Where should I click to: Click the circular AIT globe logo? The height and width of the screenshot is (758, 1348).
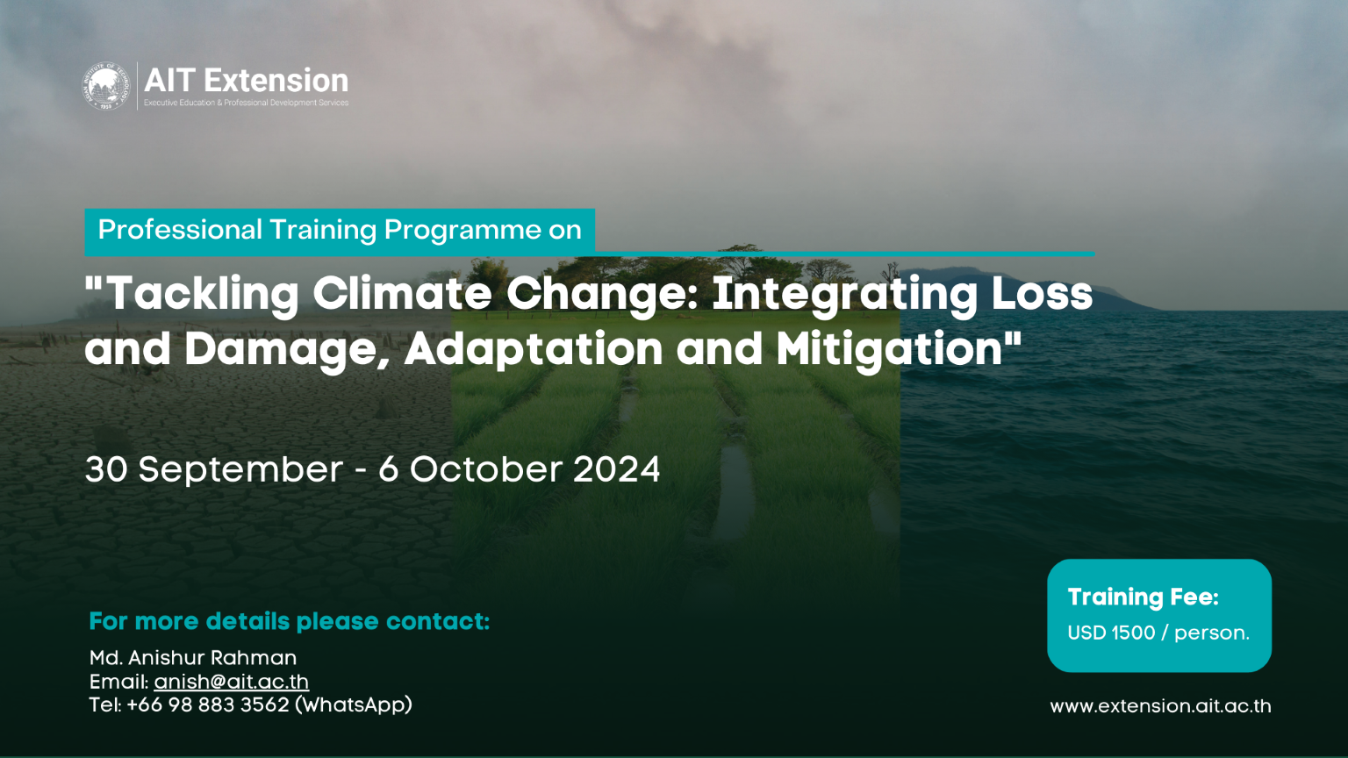tap(106, 86)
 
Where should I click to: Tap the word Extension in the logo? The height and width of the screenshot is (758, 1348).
tap(276, 81)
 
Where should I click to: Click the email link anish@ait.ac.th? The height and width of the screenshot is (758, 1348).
tap(231, 682)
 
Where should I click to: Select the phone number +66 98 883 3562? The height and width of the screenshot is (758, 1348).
tap(208, 704)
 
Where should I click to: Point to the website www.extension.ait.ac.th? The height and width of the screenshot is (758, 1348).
tap(1160, 706)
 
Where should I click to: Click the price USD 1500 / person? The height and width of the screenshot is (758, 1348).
tap(1158, 633)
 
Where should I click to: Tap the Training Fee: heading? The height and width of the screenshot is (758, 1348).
tap(1143, 597)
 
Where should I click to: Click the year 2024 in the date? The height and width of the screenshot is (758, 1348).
tap(616, 469)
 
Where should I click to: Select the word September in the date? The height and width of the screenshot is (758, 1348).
tap(240, 470)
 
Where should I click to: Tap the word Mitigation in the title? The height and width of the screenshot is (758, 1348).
tap(889, 349)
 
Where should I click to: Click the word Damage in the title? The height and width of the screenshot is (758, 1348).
tap(287, 349)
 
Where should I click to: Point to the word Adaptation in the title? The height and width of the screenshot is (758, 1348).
tap(534, 349)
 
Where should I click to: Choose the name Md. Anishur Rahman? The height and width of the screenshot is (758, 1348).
tap(193, 658)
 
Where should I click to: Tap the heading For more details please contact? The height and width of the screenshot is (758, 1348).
tap(290, 621)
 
